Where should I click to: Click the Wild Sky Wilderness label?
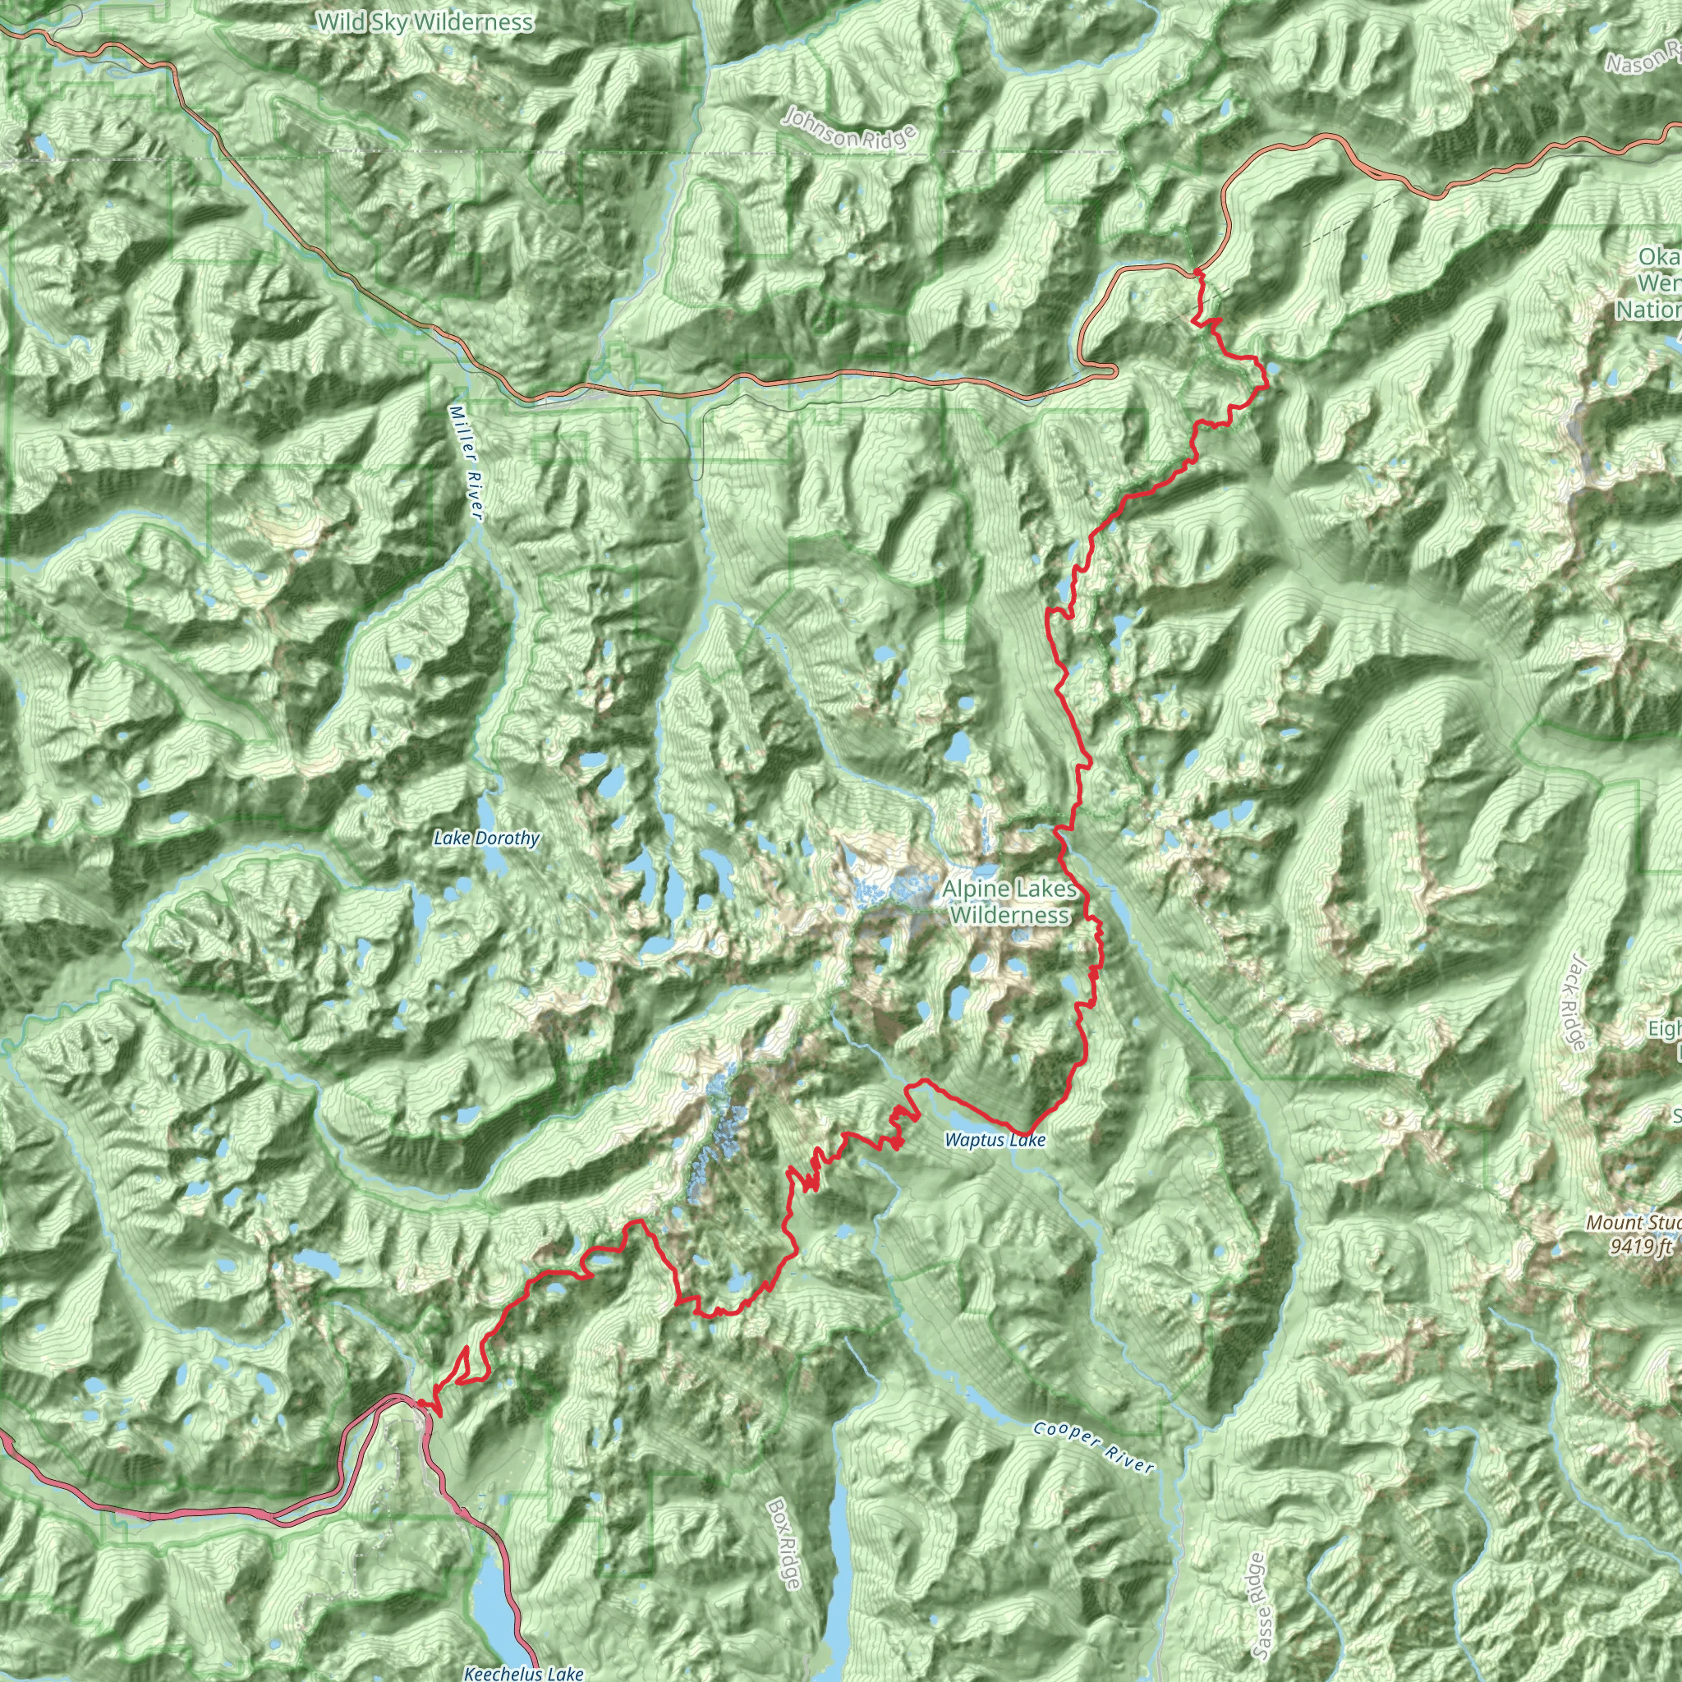[425, 22]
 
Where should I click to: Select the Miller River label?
[466, 462]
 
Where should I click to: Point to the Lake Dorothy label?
[487, 839]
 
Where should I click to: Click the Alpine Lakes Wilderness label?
[1010, 901]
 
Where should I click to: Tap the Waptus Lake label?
[995, 1141]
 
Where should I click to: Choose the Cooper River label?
[1093, 1448]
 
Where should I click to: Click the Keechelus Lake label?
[523, 1672]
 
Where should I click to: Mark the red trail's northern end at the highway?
[1199, 273]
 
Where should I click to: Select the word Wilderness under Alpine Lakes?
[1010, 915]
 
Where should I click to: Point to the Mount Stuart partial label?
[1633, 1222]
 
